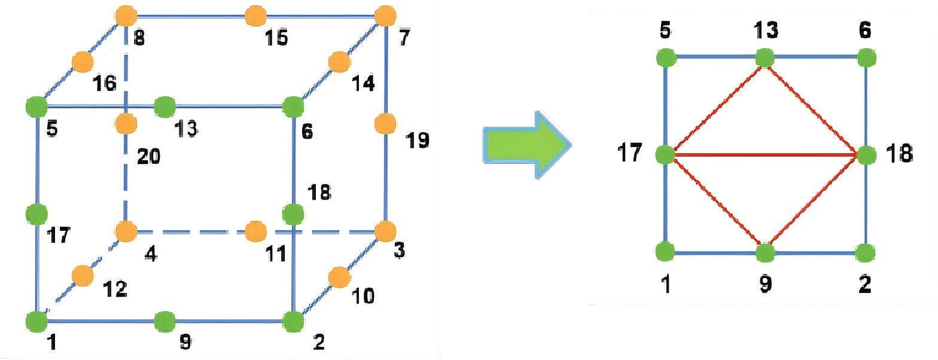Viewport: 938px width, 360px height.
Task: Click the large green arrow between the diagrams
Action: pyautogui.click(x=525, y=145)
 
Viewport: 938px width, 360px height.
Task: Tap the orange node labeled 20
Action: pyautogui.click(x=126, y=124)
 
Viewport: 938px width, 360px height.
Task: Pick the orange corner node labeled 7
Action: pyautogui.click(x=384, y=16)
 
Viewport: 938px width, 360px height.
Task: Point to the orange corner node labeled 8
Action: pyautogui.click(x=126, y=16)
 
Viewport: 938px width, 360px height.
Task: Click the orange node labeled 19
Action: pyautogui.click(x=385, y=124)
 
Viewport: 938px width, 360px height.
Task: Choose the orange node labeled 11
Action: pyautogui.click(x=255, y=231)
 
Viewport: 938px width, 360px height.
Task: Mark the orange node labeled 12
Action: pyautogui.click(x=82, y=276)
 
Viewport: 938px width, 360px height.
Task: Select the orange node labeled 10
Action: pyautogui.click(x=339, y=277)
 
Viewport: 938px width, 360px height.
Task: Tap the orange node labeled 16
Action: pyautogui.click(x=82, y=62)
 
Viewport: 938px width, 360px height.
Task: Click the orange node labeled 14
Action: pyautogui.click(x=339, y=62)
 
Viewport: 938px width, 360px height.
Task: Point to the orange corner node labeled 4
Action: pyautogui.click(x=126, y=231)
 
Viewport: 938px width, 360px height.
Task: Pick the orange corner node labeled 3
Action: pyautogui.click(x=385, y=231)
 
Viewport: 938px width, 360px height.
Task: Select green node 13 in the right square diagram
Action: pyautogui.click(x=765, y=58)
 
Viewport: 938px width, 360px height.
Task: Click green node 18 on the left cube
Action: pyautogui.click(x=293, y=213)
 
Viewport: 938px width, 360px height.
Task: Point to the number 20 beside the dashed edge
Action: pyautogui.click(x=148, y=157)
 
